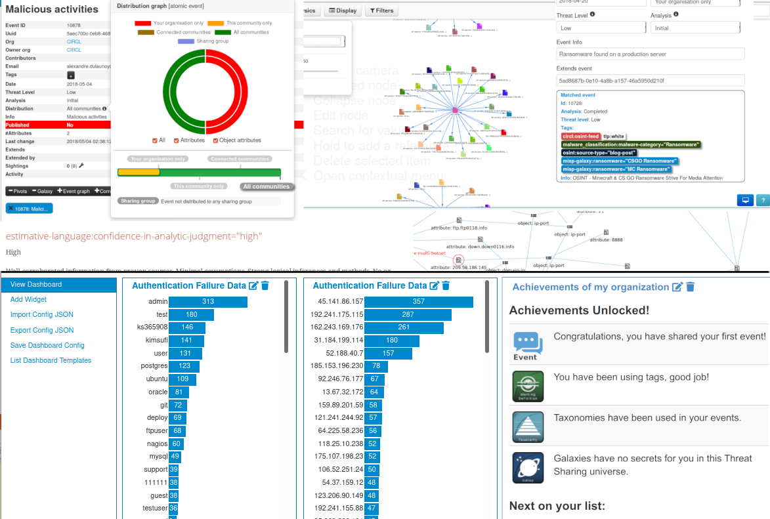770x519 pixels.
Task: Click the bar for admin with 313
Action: (x=207, y=302)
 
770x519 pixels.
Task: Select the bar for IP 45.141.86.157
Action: (x=419, y=302)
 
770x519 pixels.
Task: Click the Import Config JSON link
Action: (x=42, y=315)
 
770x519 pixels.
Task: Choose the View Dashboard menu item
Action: (x=36, y=285)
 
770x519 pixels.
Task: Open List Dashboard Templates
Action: (x=51, y=360)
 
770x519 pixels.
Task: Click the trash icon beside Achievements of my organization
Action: (x=690, y=287)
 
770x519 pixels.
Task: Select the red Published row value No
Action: (x=70, y=125)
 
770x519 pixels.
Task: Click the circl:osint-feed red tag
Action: (x=580, y=136)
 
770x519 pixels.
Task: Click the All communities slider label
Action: (x=266, y=187)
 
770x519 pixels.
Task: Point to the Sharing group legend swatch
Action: (x=186, y=41)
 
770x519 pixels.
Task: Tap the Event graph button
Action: (x=74, y=191)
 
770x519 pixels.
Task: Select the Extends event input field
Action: (x=650, y=80)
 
